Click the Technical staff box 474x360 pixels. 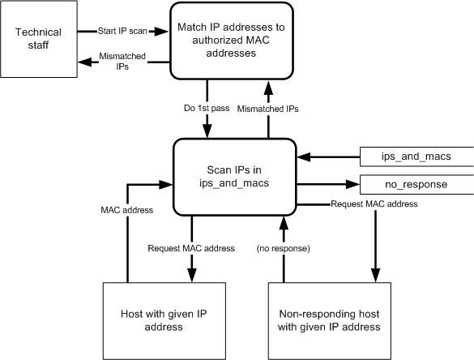click(x=39, y=39)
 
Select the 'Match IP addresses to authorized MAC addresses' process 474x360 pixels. click(x=232, y=41)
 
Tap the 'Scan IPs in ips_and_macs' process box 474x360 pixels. click(x=235, y=177)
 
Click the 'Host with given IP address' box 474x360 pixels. click(x=164, y=321)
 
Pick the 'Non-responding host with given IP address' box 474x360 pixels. click(x=330, y=321)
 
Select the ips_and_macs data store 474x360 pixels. click(x=416, y=156)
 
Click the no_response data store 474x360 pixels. click(x=416, y=185)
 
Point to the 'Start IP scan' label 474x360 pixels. click(x=122, y=31)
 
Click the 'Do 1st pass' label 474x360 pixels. click(x=207, y=108)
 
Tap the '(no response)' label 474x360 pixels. click(x=284, y=248)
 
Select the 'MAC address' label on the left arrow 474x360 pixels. click(x=127, y=210)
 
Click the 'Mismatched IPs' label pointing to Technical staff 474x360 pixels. click(x=122, y=61)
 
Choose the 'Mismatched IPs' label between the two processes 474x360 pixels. click(x=268, y=109)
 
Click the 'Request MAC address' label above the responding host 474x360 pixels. click(x=191, y=248)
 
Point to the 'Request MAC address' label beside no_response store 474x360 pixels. click(x=374, y=204)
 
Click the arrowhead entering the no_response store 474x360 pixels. click(x=353, y=184)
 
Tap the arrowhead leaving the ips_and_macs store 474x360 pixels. click(x=304, y=157)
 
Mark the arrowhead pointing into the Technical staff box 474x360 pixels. click(x=85, y=62)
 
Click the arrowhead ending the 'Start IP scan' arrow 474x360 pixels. click(x=161, y=31)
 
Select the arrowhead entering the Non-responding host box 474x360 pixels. click(x=375, y=276)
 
